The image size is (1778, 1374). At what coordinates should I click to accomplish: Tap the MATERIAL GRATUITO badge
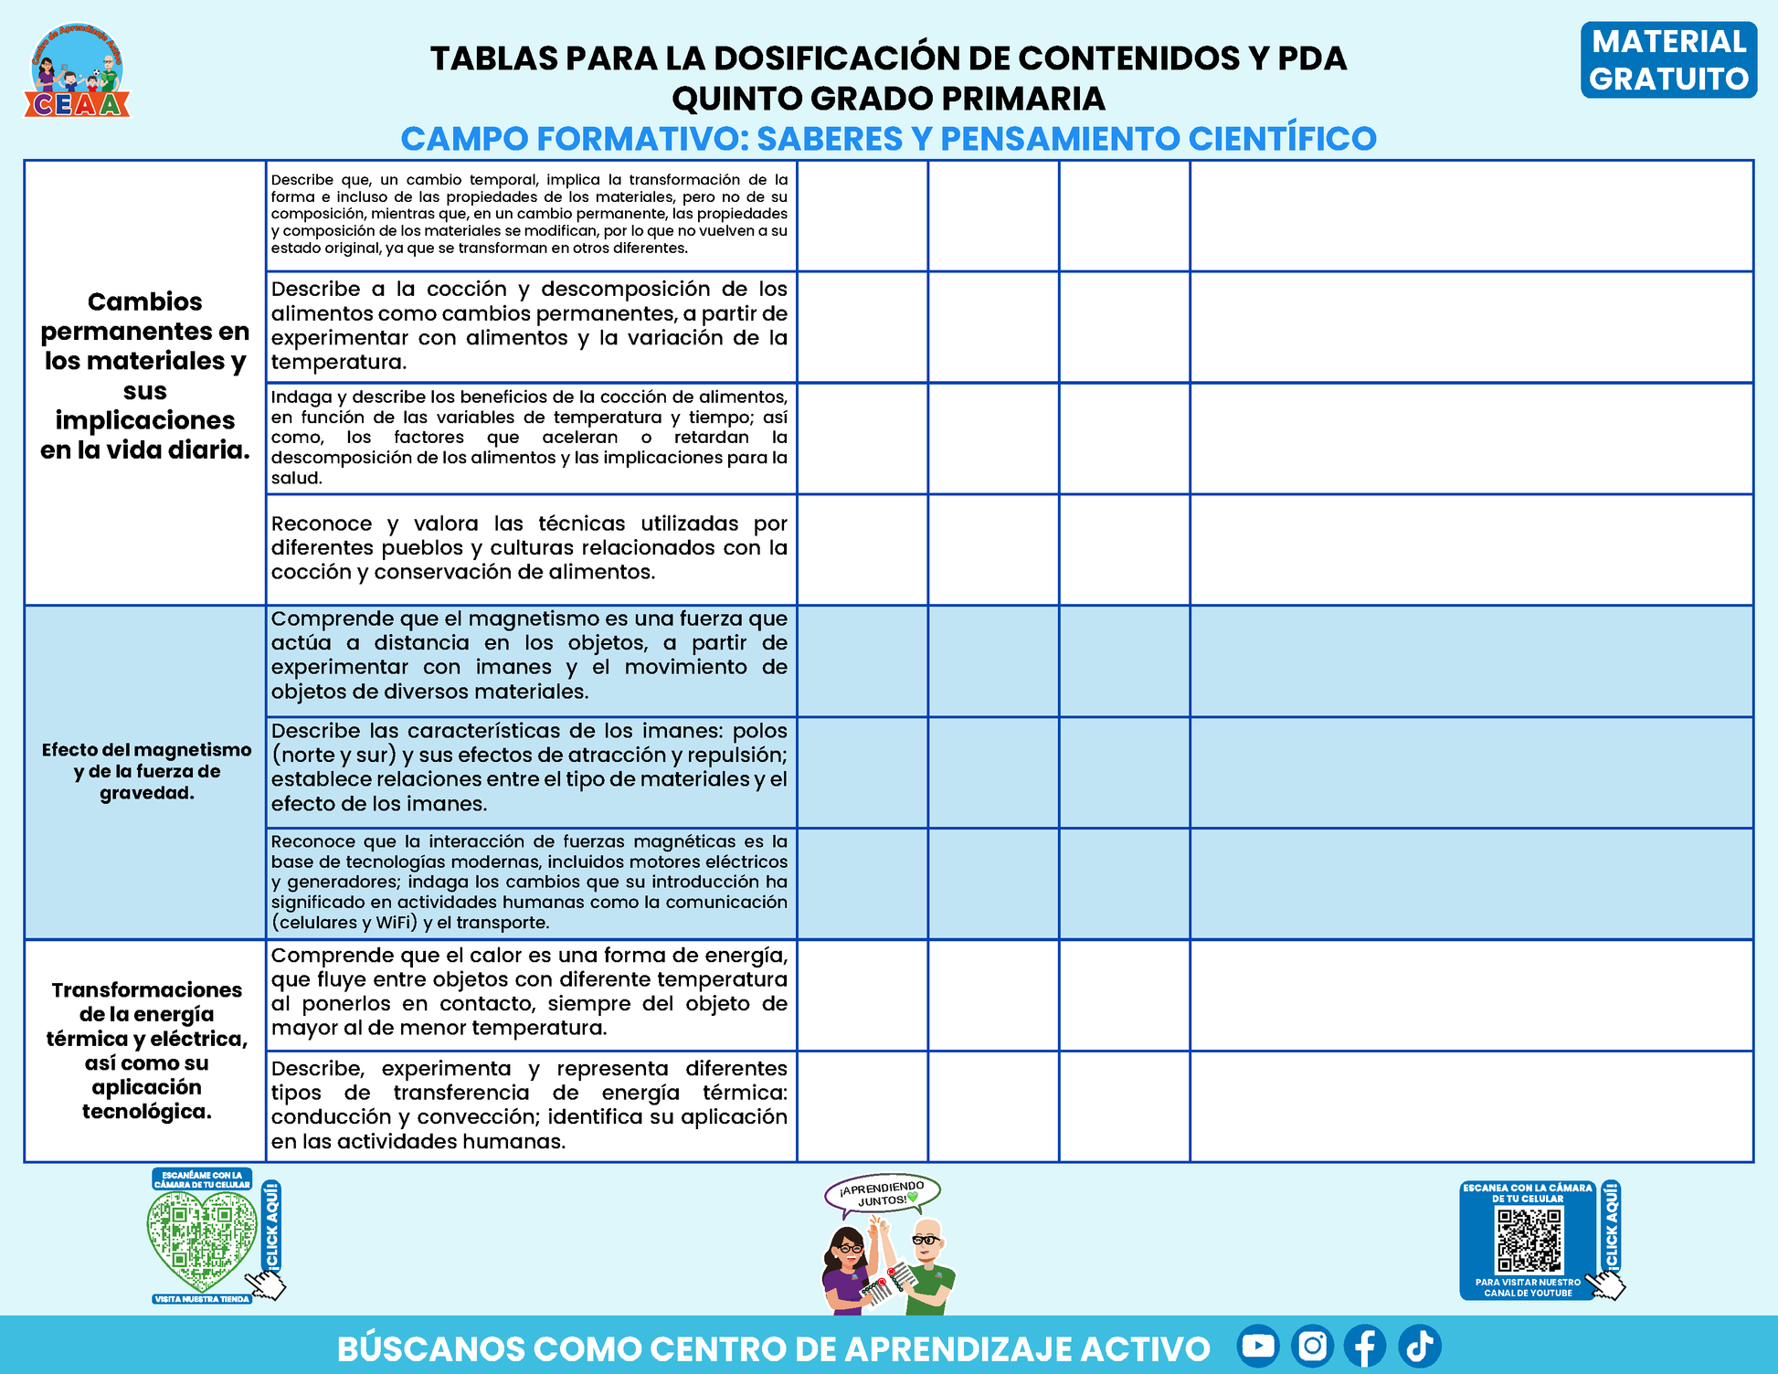1667,60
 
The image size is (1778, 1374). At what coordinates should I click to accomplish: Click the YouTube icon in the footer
1257,1346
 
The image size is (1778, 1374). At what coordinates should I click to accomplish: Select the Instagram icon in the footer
1312,1346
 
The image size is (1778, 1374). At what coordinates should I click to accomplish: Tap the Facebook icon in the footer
1365,1346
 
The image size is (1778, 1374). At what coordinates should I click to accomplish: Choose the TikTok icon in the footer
1419,1346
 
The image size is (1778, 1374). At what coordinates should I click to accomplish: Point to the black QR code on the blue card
1528,1241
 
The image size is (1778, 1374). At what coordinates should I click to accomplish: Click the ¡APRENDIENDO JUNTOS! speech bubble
882,1194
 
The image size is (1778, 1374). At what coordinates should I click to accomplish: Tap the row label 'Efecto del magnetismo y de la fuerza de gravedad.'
146,771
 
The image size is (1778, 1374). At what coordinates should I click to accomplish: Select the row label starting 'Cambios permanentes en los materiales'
145,375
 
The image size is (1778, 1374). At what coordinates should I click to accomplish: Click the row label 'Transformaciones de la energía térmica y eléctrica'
146,1050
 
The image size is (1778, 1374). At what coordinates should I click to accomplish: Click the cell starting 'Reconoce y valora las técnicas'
529,548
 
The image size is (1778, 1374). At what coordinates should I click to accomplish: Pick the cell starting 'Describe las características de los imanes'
529,767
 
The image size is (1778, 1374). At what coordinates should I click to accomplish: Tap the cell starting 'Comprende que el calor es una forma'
529,991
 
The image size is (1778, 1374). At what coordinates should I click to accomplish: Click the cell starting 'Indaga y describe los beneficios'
529,437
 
